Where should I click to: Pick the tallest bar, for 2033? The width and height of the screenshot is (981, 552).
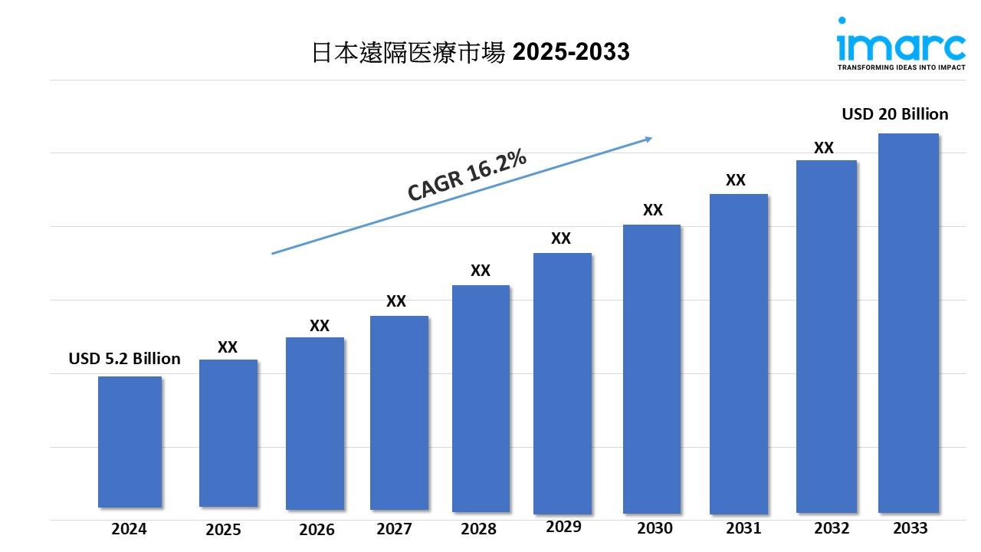tap(908, 322)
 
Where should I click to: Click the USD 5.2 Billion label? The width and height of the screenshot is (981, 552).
tap(124, 359)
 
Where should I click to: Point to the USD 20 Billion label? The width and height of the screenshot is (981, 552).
tap(894, 114)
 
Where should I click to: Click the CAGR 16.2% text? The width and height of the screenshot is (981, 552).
tap(467, 176)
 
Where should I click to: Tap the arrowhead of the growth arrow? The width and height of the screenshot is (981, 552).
tap(648, 139)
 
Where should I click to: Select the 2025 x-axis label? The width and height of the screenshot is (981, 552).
tap(223, 529)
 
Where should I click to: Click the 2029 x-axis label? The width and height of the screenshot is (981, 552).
tap(563, 526)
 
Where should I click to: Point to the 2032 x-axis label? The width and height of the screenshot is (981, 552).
tap(832, 527)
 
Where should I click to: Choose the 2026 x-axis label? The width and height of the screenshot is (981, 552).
tap(317, 529)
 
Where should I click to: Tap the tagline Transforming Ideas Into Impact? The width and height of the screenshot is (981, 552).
tap(901, 67)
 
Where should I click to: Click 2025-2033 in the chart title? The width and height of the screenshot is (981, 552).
tap(571, 51)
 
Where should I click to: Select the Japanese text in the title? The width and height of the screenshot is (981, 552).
tap(408, 51)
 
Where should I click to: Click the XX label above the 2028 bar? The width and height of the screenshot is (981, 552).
tap(480, 271)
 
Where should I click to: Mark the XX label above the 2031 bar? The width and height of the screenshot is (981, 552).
tap(736, 180)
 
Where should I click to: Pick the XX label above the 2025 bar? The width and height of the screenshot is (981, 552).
tap(228, 347)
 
